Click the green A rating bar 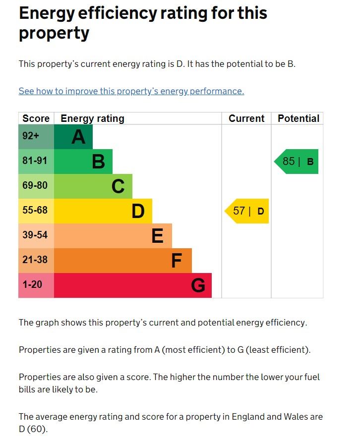coord(73,137)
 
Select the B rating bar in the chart coord(83,162)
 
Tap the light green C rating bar coord(93,186)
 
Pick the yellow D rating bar coord(103,211)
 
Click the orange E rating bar coord(113,236)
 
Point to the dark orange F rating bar coord(122,261)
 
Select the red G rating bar coord(132,285)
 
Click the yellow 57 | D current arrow coord(247,211)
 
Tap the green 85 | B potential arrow coord(297,162)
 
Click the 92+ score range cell coord(36,137)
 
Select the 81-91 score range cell coord(36,162)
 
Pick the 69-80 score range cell coord(36,186)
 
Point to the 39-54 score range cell coord(36,236)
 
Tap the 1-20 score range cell coord(36,285)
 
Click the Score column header coord(36,118)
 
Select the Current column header coord(246,118)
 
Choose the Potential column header coord(298,118)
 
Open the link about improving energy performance coord(131,91)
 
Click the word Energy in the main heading coord(48,13)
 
